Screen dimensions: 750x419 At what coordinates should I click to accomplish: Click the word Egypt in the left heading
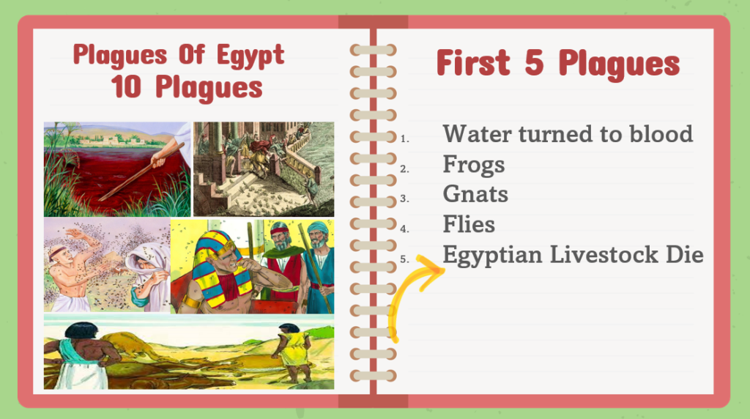click(250, 56)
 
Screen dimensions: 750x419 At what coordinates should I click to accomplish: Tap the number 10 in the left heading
click(126, 86)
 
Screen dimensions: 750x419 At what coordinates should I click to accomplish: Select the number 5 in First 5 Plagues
click(534, 62)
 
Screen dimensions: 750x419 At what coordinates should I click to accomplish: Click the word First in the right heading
click(474, 62)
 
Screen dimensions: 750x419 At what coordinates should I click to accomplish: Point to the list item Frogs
click(474, 165)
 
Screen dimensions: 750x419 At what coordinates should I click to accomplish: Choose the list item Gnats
click(475, 194)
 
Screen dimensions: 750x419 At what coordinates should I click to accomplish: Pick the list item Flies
click(469, 224)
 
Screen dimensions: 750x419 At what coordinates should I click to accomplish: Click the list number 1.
click(404, 138)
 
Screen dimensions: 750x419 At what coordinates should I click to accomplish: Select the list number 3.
click(404, 199)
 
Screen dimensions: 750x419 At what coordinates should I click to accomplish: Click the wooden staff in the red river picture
click(141, 171)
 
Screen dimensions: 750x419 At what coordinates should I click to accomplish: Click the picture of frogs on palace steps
click(264, 168)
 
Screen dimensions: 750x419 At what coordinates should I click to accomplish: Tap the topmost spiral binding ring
click(373, 50)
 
